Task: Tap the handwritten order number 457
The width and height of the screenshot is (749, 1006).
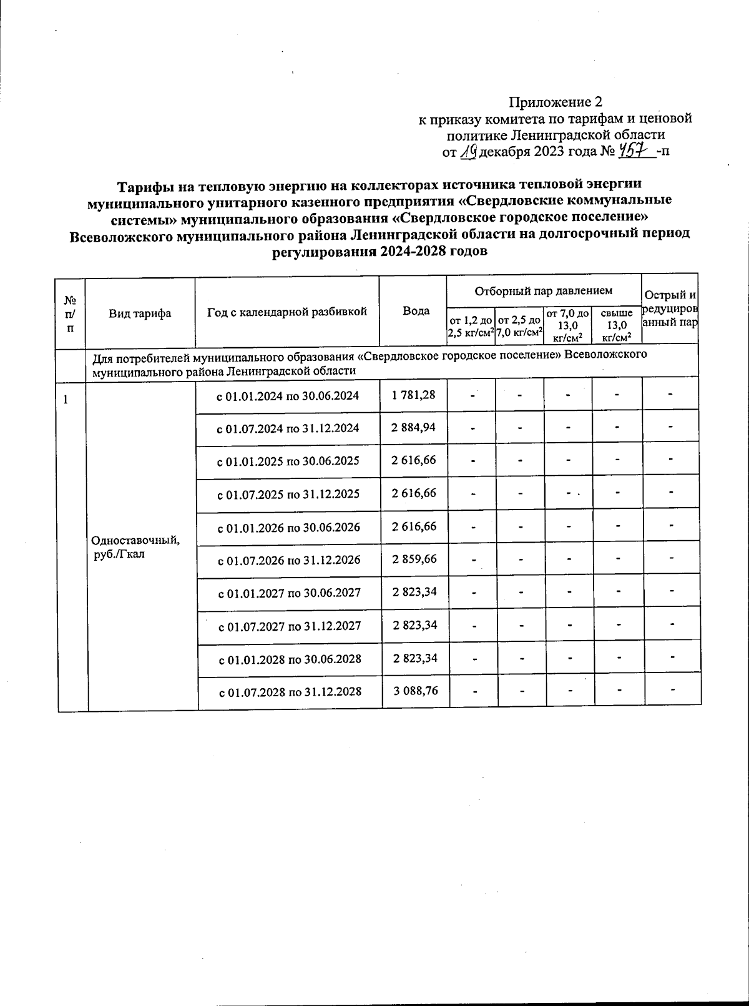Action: click(x=635, y=151)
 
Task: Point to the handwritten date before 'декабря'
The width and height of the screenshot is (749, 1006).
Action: click(x=469, y=151)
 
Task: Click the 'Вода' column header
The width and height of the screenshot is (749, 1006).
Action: click(x=416, y=311)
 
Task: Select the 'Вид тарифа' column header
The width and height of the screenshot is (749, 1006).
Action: click(x=140, y=313)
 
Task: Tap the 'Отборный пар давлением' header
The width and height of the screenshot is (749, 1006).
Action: click(x=544, y=290)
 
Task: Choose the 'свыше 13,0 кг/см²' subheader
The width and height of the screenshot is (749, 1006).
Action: click(x=616, y=325)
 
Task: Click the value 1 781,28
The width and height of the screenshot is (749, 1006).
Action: click(x=414, y=395)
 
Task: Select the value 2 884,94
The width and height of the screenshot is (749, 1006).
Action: click(x=414, y=428)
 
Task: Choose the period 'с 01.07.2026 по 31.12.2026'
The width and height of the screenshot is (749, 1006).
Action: click(x=289, y=560)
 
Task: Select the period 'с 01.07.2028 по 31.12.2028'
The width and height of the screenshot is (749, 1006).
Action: click(x=290, y=693)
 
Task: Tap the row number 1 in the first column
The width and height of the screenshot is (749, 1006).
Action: click(x=65, y=398)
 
